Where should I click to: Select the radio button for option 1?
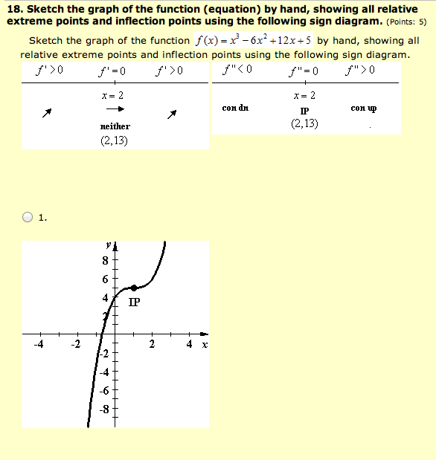[x=28, y=218]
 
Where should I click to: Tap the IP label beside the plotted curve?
[x=134, y=302]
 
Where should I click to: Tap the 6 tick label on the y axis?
[x=106, y=279]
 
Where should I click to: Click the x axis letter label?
[x=204, y=346]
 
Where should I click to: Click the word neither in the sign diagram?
[x=115, y=127]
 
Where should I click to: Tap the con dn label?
[x=235, y=108]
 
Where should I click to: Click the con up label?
[x=363, y=108]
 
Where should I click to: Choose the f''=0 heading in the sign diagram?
[x=304, y=71]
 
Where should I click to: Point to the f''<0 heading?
[x=238, y=71]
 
